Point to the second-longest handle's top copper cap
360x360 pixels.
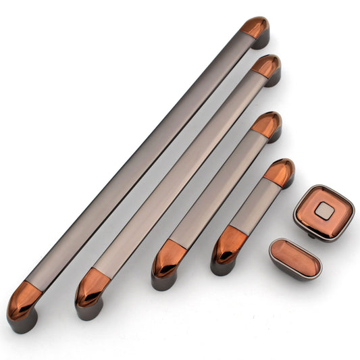coord(266,66)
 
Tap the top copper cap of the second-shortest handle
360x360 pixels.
coord(267,124)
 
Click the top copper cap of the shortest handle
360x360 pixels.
coord(279,172)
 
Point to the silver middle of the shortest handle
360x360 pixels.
coord(254,207)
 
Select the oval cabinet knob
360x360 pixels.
coord(295,257)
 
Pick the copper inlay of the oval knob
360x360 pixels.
coord(295,255)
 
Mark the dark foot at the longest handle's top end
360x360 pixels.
coord(261,40)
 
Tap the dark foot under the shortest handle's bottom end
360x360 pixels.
coord(222,267)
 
